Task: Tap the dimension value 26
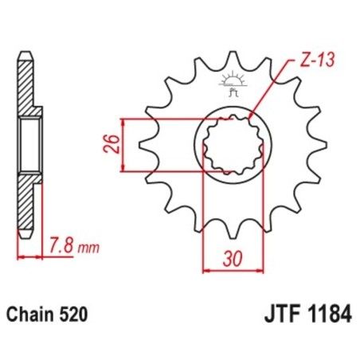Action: pyautogui.click(x=111, y=145)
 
